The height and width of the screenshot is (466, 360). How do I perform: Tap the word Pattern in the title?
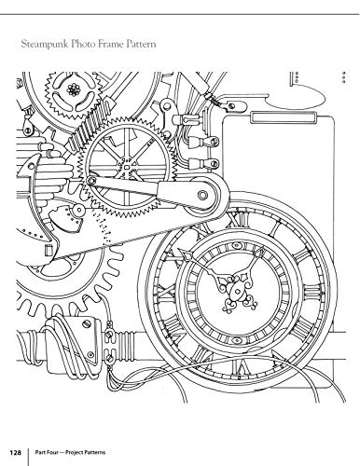pyautogui.click(x=141, y=44)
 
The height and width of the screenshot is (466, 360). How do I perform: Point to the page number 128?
pyautogui.click(x=15, y=452)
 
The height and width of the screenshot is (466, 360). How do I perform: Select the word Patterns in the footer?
pyautogui.click(x=96, y=452)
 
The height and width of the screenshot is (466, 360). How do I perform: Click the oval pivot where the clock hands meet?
pyautogui.click(x=237, y=291)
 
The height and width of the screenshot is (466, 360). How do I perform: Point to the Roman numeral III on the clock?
pyautogui.click(x=311, y=292)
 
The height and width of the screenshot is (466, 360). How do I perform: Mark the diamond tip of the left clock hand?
pyautogui.click(x=187, y=256)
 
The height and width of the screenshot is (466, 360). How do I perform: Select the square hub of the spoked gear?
pyautogui.click(x=127, y=168)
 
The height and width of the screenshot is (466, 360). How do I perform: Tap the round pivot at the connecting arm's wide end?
pyautogui.click(x=202, y=195)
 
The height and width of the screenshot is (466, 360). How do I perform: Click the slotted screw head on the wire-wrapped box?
pyautogui.click(x=86, y=324)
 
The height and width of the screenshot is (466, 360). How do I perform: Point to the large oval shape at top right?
pyautogui.click(x=295, y=99)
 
